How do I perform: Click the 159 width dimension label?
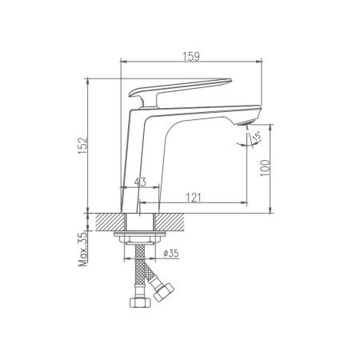pyautogui.click(x=191, y=57)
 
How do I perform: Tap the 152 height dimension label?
pyautogui.click(x=83, y=146)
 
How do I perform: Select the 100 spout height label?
pyautogui.click(x=265, y=168)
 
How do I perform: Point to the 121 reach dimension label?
pyautogui.click(x=194, y=198)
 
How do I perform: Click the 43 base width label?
pyautogui.click(x=140, y=182)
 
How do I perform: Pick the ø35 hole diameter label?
pyautogui.click(x=171, y=253)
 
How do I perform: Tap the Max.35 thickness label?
pyautogui.click(x=83, y=250)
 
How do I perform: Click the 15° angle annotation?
pyautogui.click(x=257, y=136)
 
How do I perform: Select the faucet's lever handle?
pyautogui.click(x=179, y=91)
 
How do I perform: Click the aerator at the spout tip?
pyautogui.click(x=245, y=122)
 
